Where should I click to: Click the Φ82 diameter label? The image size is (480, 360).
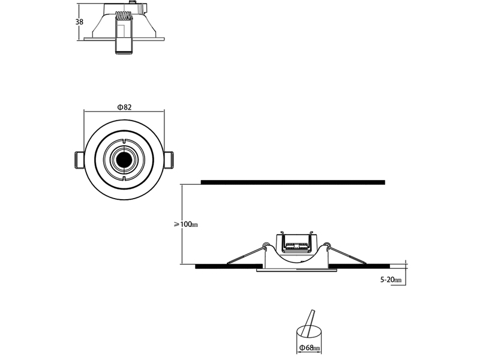[124, 107]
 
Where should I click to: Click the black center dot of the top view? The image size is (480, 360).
[124, 160]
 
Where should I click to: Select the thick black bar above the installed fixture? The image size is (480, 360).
[293, 181]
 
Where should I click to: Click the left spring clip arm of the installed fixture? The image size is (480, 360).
[245, 254]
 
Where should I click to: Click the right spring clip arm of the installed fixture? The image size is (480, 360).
[344, 254]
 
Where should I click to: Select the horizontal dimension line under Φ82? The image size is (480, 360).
[124, 112]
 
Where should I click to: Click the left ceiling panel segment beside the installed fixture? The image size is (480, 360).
[228, 265]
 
